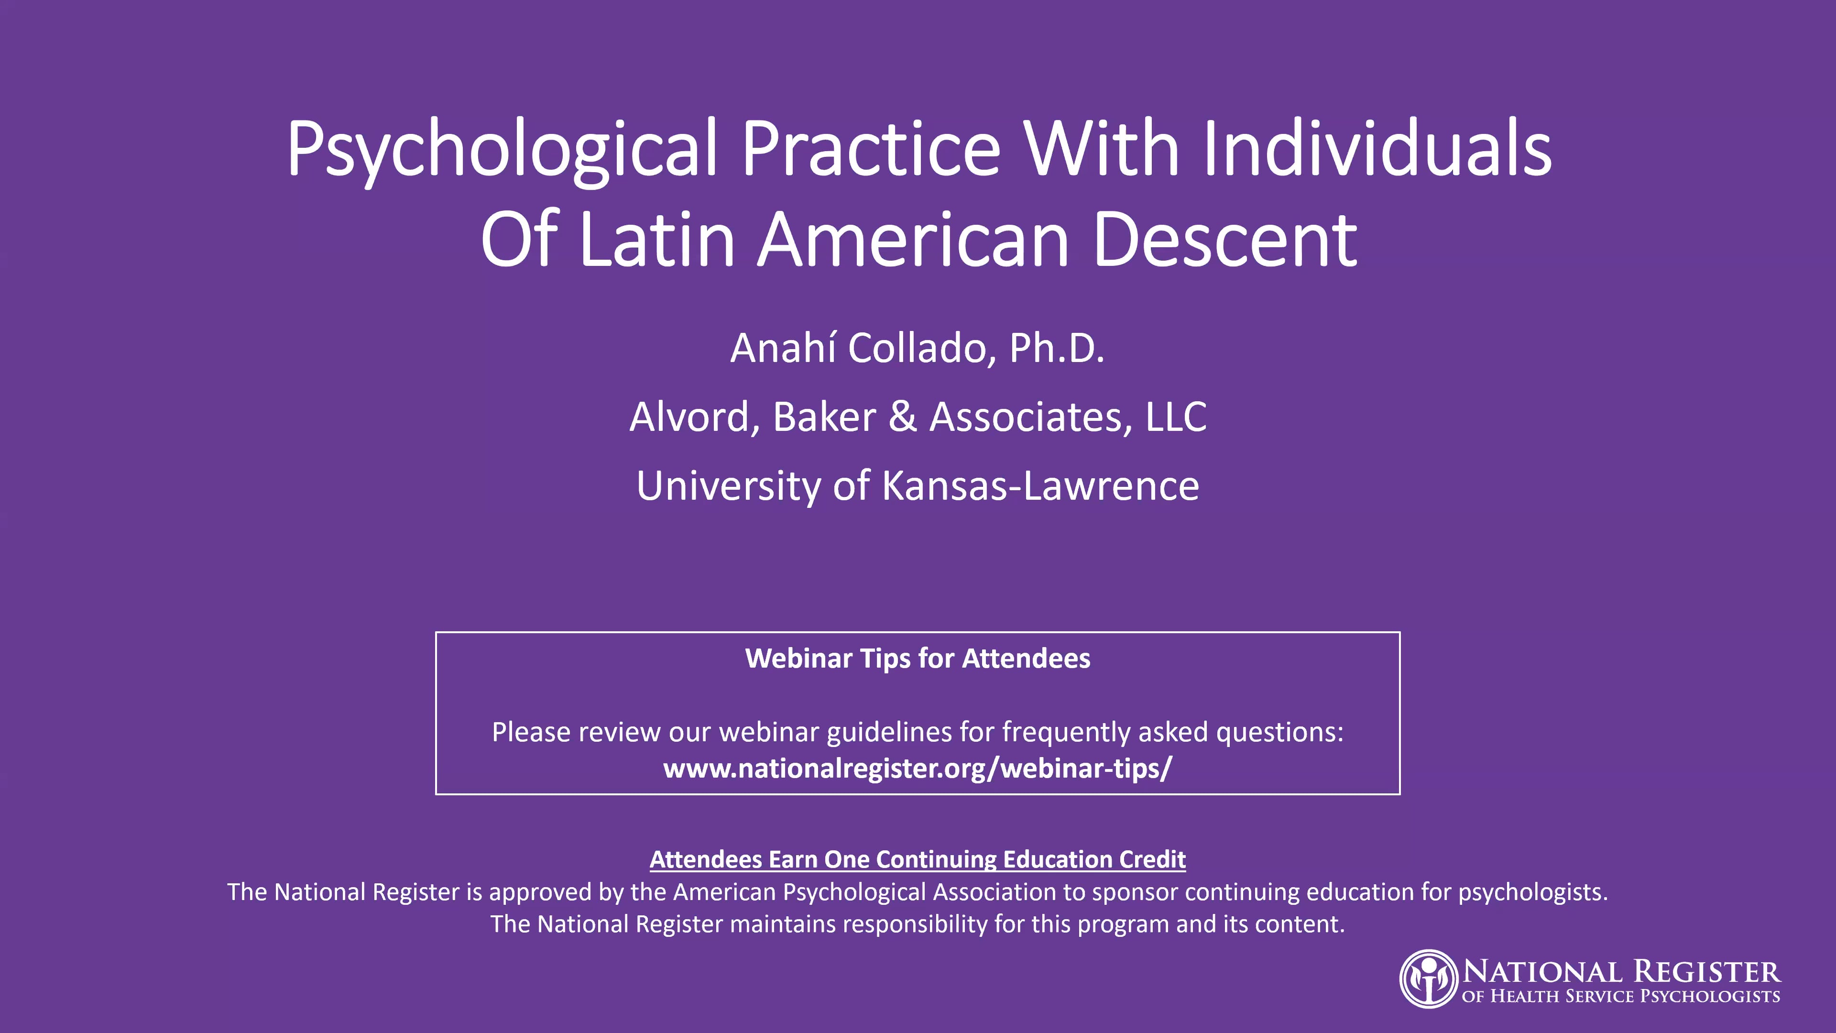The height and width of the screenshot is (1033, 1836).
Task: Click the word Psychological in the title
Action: pyautogui.click(x=501, y=150)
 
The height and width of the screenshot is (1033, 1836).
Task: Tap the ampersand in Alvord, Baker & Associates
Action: pyautogui.click(x=902, y=417)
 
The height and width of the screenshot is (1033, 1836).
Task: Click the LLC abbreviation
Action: pyautogui.click(x=1176, y=417)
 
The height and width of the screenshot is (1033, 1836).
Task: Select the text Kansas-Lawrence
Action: pyautogui.click(x=1040, y=486)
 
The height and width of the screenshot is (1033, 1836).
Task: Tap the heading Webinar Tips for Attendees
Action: pyautogui.click(x=918, y=659)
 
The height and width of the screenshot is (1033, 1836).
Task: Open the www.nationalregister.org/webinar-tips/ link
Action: pyautogui.click(x=918, y=769)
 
